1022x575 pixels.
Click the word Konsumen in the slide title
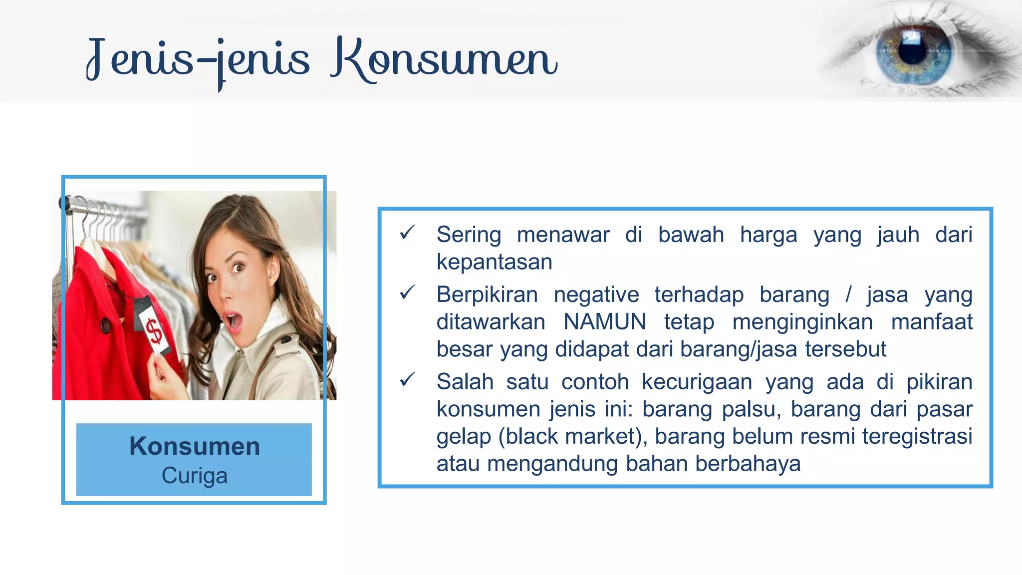(x=444, y=60)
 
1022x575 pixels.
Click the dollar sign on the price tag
(x=154, y=331)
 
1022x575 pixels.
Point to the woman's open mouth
(x=233, y=322)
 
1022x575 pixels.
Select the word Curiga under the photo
(x=194, y=476)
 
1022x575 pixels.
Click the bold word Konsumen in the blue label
(x=194, y=446)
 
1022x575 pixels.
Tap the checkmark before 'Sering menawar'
(x=407, y=232)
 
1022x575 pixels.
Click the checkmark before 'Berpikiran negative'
(x=407, y=292)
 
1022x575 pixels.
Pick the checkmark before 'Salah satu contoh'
(x=407, y=380)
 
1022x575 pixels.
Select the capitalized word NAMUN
(x=604, y=322)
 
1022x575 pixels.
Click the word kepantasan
(x=494, y=262)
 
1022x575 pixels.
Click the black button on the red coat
(x=105, y=326)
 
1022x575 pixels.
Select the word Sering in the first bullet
(x=469, y=235)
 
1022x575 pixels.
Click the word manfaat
(x=932, y=322)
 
